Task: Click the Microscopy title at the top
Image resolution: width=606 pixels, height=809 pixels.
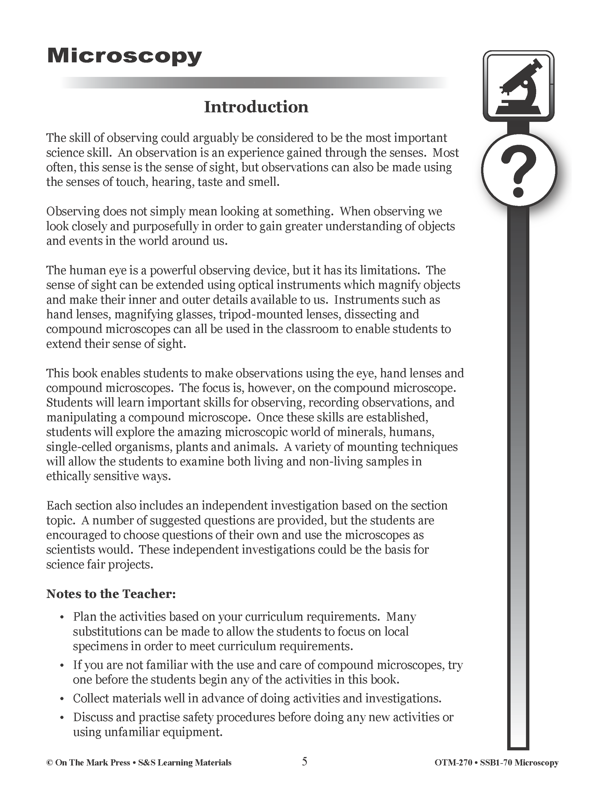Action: [124, 57]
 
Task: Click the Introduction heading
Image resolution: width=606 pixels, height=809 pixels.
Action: [256, 107]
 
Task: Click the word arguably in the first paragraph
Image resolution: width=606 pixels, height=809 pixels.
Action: [213, 138]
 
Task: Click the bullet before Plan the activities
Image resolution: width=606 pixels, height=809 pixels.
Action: [62, 617]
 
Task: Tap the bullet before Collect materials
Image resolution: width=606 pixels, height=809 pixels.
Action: [62, 699]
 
